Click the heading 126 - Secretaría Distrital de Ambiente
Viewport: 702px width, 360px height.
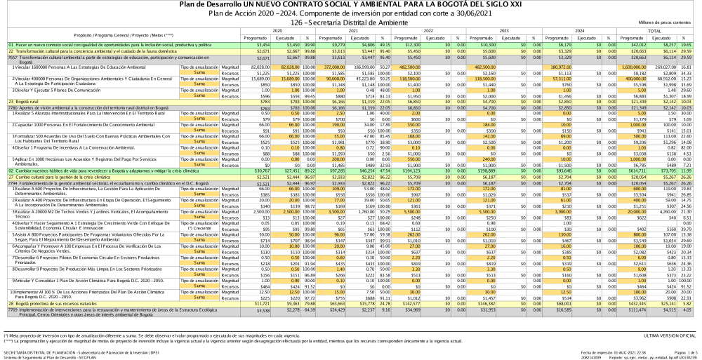pos(351,23)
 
